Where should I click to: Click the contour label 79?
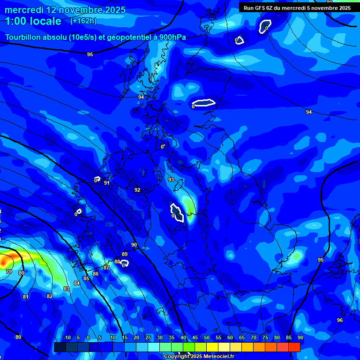(x=9, y=271)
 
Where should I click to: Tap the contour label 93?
(x=171, y=180)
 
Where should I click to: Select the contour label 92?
(x=137, y=190)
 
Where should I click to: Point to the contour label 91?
(x=107, y=183)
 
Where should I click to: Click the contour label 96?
(x=340, y=320)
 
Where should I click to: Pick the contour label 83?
(x=67, y=289)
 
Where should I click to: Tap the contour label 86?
(x=96, y=274)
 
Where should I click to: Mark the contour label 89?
(x=125, y=254)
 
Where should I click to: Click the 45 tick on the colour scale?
(x=195, y=338)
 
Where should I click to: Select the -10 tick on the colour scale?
(x=67, y=338)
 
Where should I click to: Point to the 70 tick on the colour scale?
(x=254, y=338)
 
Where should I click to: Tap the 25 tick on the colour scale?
(x=148, y=338)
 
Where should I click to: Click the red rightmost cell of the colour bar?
(x=294, y=347)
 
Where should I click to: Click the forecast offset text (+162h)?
(x=83, y=21)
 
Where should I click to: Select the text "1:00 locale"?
(x=33, y=21)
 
